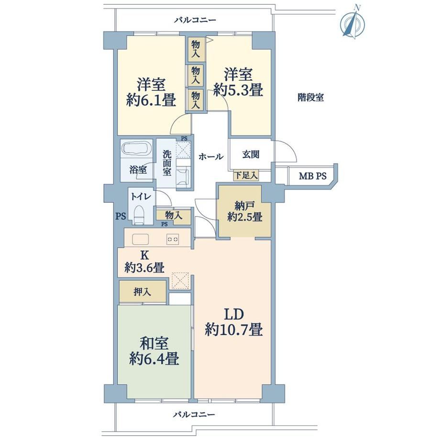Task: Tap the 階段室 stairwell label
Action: pyautogui.click(x=311, y=98)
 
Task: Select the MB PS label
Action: pyautogui.click(x=313, y=176)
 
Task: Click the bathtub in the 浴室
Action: pyautogui.click(x=137, y=148)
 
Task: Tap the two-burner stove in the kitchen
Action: pyautogui.click(x=173, y=239)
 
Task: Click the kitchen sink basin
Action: pyautogui.click(x=141, y=239)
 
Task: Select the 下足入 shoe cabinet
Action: pyautogui.click(x=246, y=176)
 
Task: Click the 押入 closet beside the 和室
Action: pyautogui.click(x=143, y=292)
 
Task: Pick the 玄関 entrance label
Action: pyautogui.click(x=251, y=154)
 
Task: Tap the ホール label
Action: pyautogui.click(x=211, y=156)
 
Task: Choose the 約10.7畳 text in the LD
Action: pyautogui.click(x=234, y=330)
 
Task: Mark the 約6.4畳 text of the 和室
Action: pyautogui.click(x=154, y=358)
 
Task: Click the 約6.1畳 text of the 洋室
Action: pyautogui.click(x=151, y=100)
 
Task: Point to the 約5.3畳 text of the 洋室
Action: pyautogui.click(x=238, y=90)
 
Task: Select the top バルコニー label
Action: pyautogui.click(x=195, y=20)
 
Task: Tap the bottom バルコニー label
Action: pyautogui.click(x=194, y=415)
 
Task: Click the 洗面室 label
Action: pyautogui.click(x=167, y=163)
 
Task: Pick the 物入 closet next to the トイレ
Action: pyautogui.click(x=174, y=216)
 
